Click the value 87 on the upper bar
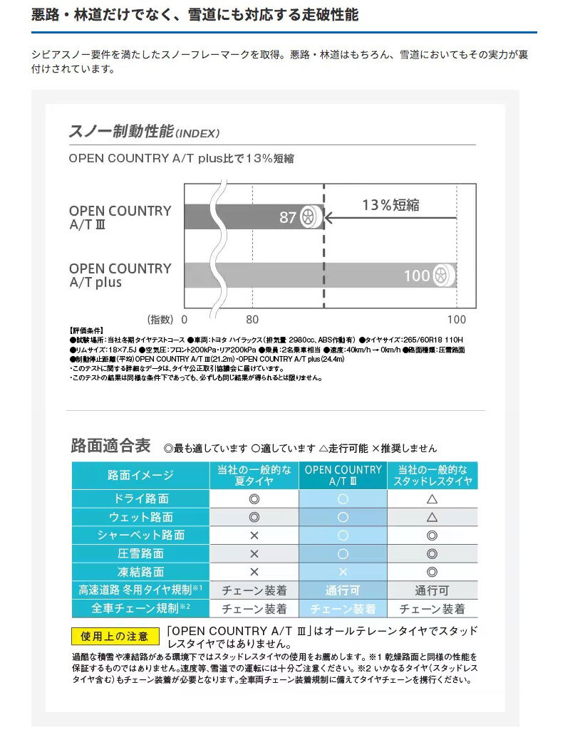point(287,217)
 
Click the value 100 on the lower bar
point(417,276)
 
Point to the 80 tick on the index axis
point(252,320)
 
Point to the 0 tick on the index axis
point(184,320)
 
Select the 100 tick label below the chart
point(456,320)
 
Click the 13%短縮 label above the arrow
point(390,205)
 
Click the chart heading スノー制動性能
point(121,132)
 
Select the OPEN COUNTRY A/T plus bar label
point(120,276)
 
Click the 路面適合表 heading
point(110,446)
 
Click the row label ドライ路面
point(140,498)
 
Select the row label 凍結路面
point(140,572)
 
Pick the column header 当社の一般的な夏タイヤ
point(254,476)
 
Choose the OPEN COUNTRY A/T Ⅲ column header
point(343,476)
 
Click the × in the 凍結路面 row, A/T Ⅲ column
point(343,572)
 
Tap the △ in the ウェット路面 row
point(432,517)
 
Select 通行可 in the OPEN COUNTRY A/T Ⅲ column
point(343,590)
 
